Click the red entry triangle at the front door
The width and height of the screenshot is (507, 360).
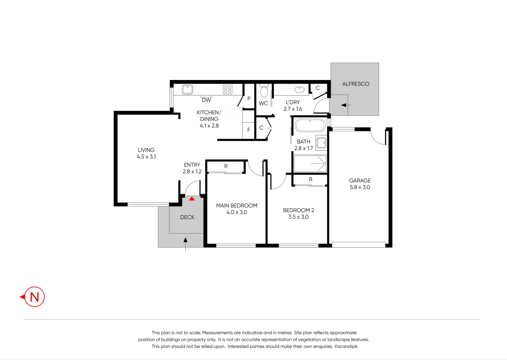click(192, 199)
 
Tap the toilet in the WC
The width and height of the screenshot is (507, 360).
click(264, 91)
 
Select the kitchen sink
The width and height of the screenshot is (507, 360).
click(187, 89)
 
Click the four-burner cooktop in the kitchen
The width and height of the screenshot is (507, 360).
click(227, 89)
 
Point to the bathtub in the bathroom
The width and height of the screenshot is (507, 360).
click(310, 125)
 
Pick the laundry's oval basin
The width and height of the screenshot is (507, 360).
click(299, 90)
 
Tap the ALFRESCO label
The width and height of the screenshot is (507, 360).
click(356, 84)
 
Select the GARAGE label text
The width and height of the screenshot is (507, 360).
click(360, 181)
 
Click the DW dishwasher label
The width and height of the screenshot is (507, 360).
click(206, 100)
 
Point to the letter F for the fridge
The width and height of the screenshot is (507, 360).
click(249, 130)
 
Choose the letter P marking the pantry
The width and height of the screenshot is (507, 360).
click(249, 99)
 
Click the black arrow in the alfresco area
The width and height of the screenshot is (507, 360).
click(346, 105)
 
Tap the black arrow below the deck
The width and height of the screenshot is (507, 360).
click(185, 244)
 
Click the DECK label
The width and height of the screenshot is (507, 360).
click(187, 217)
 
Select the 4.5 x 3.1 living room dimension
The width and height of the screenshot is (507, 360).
click(146, 157)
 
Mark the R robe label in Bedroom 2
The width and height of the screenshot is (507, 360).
click(311, 179)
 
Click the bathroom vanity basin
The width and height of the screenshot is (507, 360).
click(321, 143)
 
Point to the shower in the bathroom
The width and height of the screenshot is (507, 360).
click(310, 164)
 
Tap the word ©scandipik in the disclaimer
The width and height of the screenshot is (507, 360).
click(346, 346)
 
